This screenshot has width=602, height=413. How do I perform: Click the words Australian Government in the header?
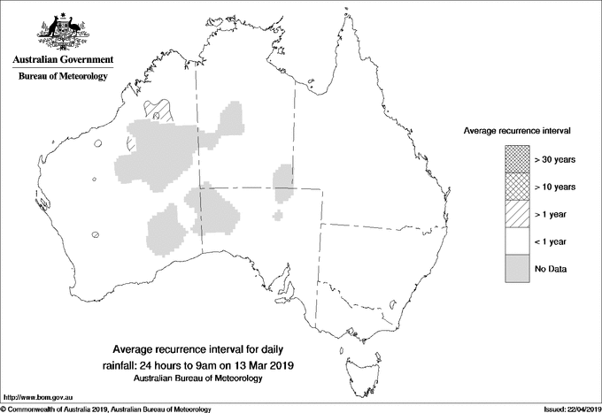click(x=63, y=60)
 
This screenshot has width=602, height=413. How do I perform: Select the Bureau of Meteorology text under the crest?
click(x=63, y=77)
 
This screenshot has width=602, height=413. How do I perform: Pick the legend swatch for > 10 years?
click(x=516, y=187)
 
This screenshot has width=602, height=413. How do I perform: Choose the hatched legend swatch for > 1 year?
click(x=516, y=214)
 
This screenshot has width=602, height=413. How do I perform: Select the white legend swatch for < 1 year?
click(x=516, y=241)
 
